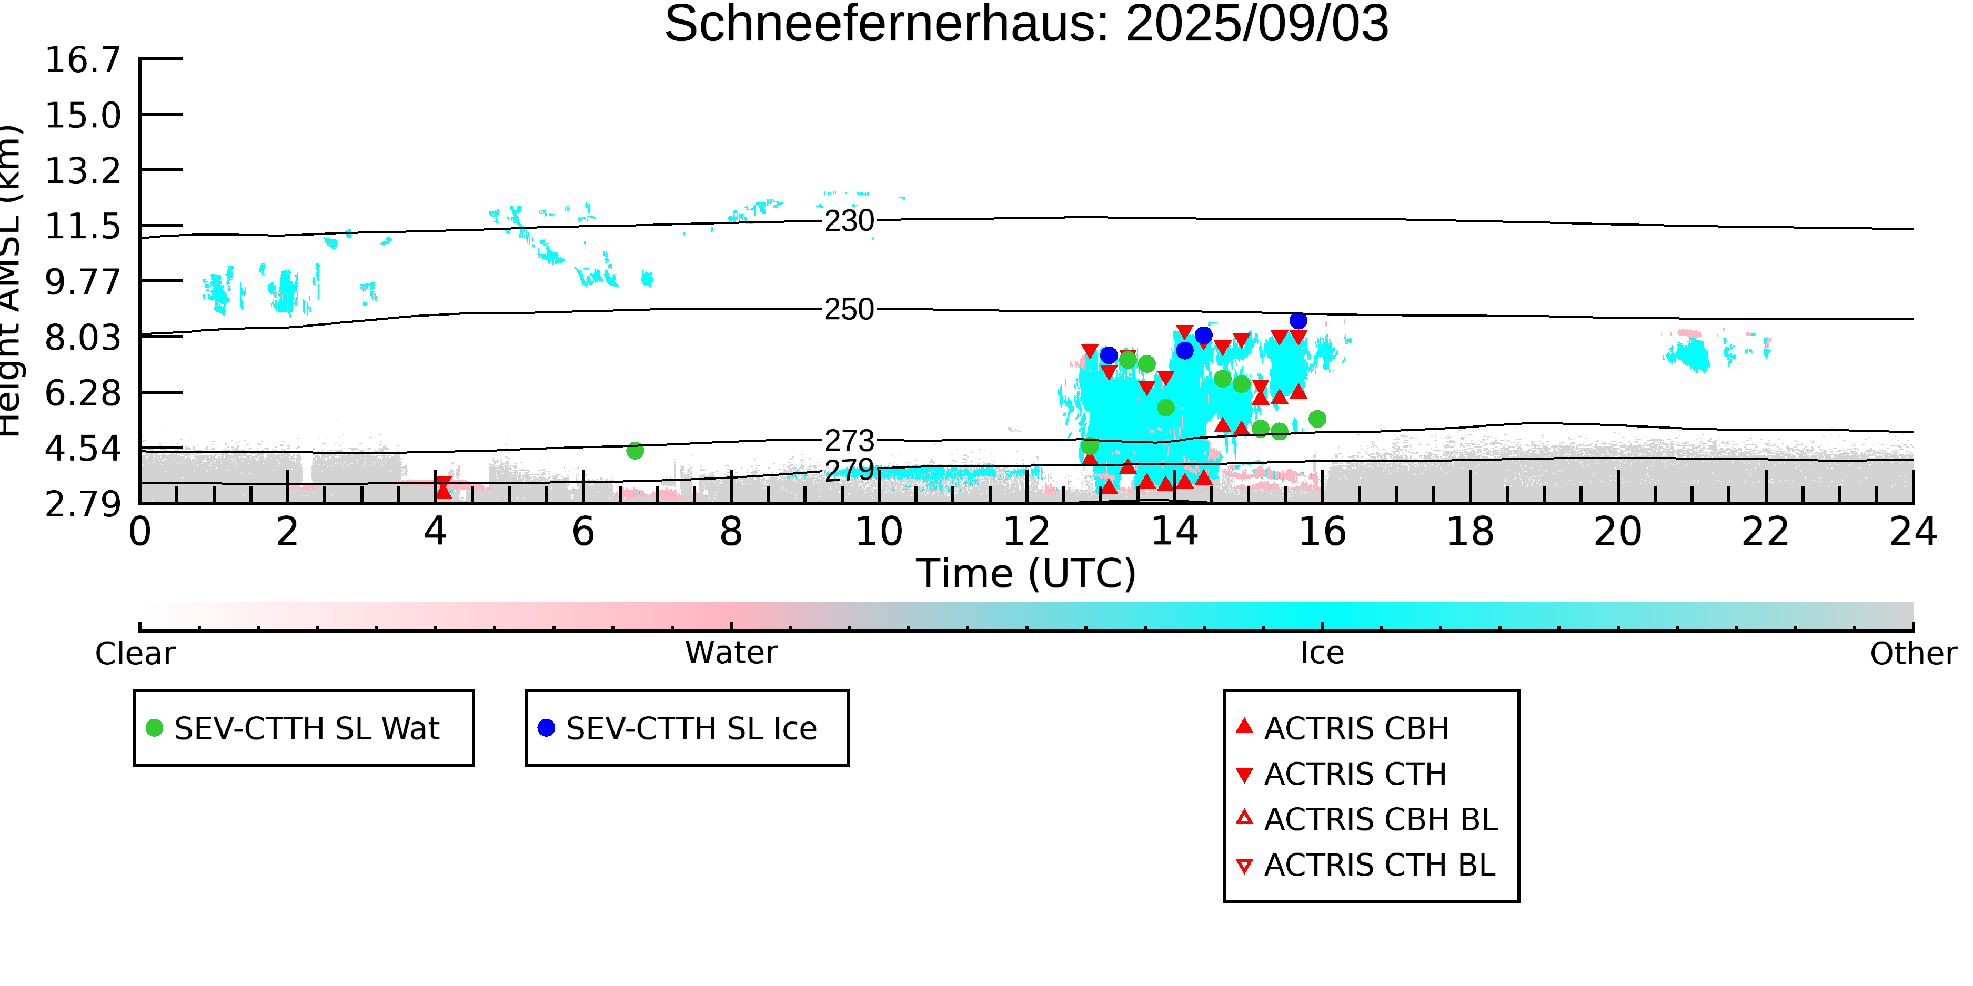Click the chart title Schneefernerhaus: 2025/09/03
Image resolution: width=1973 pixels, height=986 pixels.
(1026, 25)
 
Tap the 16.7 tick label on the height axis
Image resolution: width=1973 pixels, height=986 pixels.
(83, 60)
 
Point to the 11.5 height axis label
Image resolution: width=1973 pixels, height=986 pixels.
(83, 227)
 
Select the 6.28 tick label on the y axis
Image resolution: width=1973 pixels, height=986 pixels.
(83, 393)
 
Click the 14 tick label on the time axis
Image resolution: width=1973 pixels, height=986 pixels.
(1174, 531)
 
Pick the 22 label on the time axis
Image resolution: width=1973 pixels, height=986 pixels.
(1765, 531)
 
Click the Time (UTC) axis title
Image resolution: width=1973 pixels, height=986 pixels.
(1026, 573)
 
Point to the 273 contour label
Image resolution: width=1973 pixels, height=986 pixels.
(849, 441)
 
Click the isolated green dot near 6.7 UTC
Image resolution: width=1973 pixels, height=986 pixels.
(635, 451)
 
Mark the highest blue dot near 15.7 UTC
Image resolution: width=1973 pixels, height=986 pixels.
(1298, 321)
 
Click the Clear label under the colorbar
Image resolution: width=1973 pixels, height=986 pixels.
(135, 654)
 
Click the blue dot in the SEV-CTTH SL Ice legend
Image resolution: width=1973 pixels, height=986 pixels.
(546, 728)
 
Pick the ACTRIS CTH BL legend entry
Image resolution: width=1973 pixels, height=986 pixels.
(1366, 865)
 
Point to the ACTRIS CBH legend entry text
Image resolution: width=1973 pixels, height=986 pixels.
(1356, 728)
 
